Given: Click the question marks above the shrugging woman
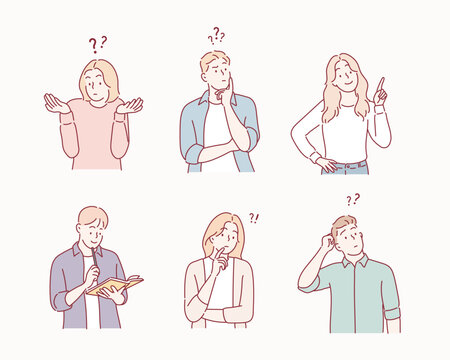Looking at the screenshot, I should tap(97, 44).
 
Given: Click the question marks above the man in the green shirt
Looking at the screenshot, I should tap(352, 200).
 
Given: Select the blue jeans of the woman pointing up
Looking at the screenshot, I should tap(343, 167).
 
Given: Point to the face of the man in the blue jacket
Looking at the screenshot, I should tap(216, 75).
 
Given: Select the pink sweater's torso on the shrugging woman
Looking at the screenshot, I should tap(94, 135).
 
